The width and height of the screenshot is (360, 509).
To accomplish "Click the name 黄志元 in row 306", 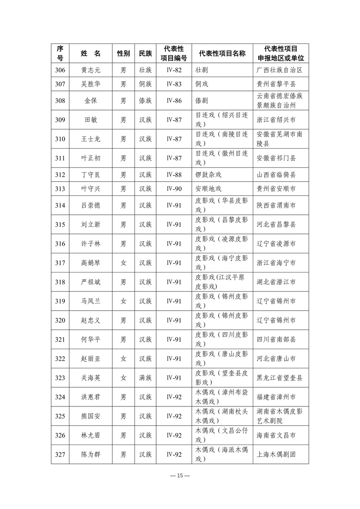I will [91, 70].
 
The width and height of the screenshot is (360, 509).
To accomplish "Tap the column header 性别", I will [123, 54].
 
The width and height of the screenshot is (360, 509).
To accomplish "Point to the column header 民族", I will [145, 54].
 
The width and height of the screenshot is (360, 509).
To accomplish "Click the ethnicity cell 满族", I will [145, 378].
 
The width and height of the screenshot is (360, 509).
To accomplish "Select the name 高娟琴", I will [91, 263].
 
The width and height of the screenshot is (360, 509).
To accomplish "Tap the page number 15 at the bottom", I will [180, 476].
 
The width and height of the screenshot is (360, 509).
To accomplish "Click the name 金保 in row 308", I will [91, 101].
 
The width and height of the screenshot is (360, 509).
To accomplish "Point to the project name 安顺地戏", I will [208, 189].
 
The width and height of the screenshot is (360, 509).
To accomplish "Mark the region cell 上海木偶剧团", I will [276, 454].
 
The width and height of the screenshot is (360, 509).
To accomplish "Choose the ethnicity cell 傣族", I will [145, 101].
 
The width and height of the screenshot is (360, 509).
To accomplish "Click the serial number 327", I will [60, 454].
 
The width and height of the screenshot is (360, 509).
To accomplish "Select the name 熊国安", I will [91, 416].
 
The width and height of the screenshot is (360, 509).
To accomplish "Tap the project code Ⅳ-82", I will [174, 70].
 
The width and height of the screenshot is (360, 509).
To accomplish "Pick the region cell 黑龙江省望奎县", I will [280, 378].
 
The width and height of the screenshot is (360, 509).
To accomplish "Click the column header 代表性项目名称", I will [222, 54].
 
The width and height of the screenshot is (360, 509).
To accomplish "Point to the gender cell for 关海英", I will [123, 378].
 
